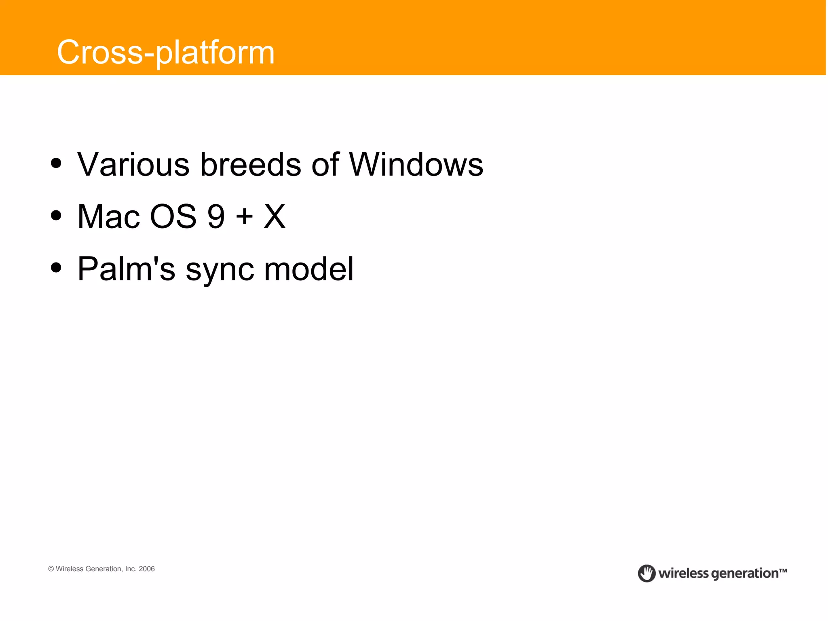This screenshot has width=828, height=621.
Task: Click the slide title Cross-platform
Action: pyautogui.click(x=166, y=53)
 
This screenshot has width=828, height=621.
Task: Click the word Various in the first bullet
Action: pyautogui.click(x=133, y=165)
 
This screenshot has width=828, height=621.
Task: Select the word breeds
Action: pyautogui.click(x=251, y=165)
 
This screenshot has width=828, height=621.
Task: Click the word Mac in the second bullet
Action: pyautogui.click(x=108, y=217)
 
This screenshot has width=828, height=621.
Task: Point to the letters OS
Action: pyautogui.click(x=173, y=217)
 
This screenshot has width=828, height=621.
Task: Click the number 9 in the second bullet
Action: pyautogui.click(x=216, y=217)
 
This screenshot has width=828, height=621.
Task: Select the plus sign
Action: pyautogui.click(x=244, y=217)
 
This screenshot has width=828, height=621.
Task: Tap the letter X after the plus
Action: pyautogui.click(x=275, y=217)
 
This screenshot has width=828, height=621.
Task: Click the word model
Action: pyautogui.click(x=309, y=269)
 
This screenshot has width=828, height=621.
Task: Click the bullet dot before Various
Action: pyautogui.click(x=56, y=163)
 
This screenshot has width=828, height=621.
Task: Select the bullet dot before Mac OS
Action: pyautogui.click(x=56, y=215)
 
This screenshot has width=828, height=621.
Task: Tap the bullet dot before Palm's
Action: pyautogui.click(x=56, y=267)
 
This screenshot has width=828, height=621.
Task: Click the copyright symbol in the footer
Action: pyautogui.click(x=51, y=569)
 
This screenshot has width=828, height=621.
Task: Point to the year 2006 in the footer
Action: pyautogui.click(x=147, y=569)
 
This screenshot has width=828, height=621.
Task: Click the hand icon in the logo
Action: pyautogui.click(x=646, y=573)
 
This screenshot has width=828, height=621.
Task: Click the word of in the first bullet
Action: pyautogui.click(x=325, y=165)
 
